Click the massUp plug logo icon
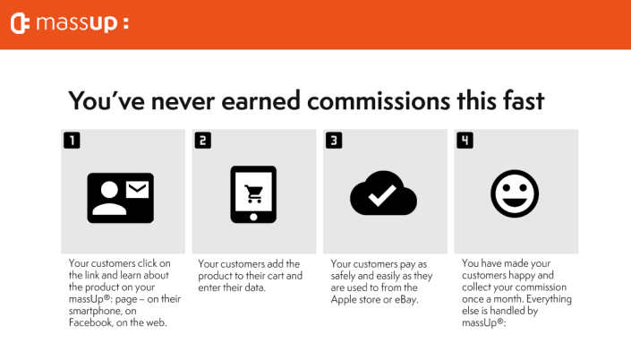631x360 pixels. pyautogui.click(x=20, y=23)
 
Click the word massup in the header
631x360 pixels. pyautogui.click(x=77, y=23)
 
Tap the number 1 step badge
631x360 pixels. pyautogui.click(x=72, y=141)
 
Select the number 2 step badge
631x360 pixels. pyautogui.click(x=203, y=141)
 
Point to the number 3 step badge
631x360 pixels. pyautogui.click(x=334, y=141)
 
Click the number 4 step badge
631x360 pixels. pyautogui.click(x=465, y=141)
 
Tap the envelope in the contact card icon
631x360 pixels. pyautogui.click(x=137, y=189)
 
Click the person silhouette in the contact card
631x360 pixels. pyautogui.click(x=109, y=198)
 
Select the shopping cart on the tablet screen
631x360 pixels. pyautogui.click(x=254, y=193)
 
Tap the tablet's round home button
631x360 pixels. pyautogui.click(x=253, y=218)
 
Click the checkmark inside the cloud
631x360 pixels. pyautogui.click(x=382, y=195)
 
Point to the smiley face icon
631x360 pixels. pyautogui.click(x=515, y=193)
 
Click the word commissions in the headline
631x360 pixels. pyautogui.click(x=379, y=100)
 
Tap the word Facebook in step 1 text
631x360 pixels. pyautogui.click(x=90, y=322)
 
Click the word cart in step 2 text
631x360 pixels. pyautogui.click(x=275, y=276)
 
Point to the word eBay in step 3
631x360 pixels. pyautogui.click(x=406, y=300)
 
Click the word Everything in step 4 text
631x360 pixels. pyautogui.click(x=549, y=299)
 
